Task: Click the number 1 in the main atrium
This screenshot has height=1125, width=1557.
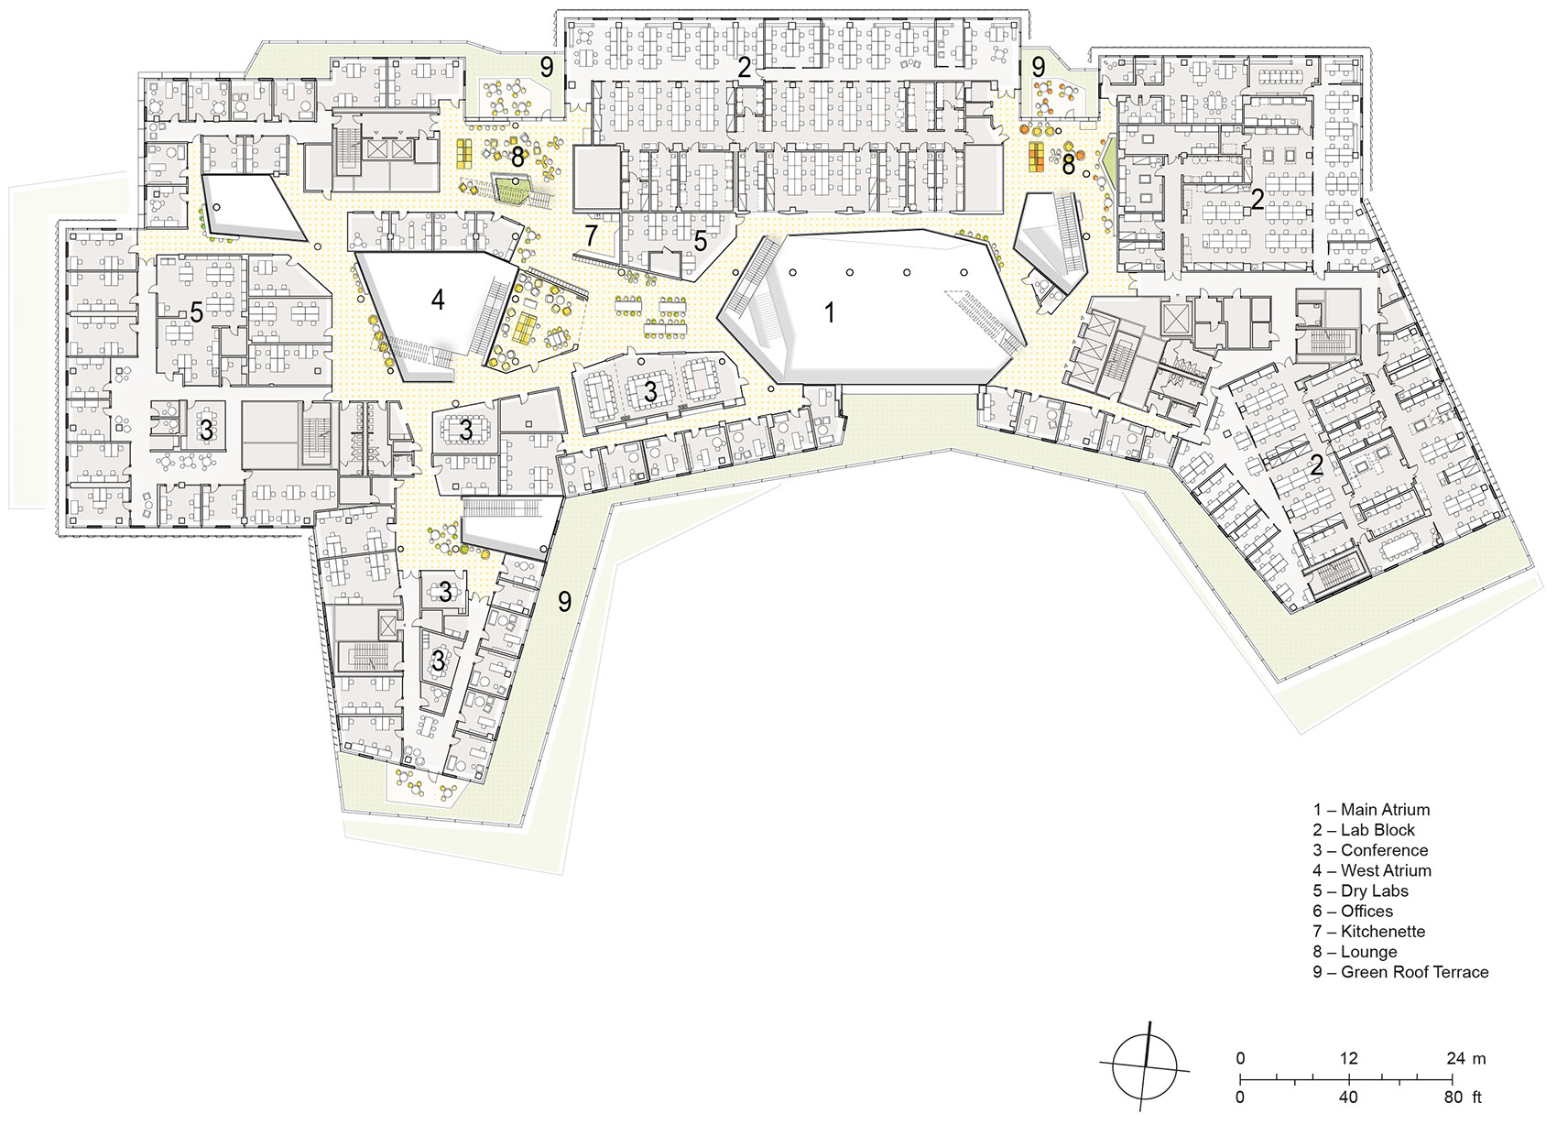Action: click(829, 313)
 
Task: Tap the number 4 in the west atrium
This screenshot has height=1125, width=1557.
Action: click(438, 300)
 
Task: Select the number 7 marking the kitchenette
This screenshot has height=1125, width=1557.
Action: click(591, 235)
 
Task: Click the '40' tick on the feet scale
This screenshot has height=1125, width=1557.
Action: click(1348, 1097)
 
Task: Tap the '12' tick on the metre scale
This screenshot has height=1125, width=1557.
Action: click(1348, 1059)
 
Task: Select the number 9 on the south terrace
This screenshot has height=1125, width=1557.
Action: click(565, 602)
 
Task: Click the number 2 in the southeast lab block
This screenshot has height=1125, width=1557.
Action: click(1316, 464)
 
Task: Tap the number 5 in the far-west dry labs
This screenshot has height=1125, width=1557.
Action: click(196, 312)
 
